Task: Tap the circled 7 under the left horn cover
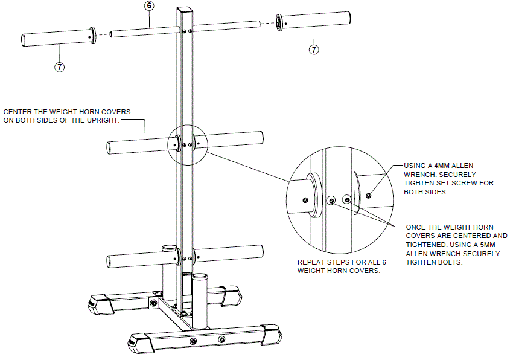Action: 59,67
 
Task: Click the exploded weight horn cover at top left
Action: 58,38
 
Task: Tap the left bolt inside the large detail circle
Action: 330,199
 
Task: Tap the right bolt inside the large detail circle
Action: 346,199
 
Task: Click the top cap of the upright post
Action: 185,9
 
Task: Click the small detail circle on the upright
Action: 186,144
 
